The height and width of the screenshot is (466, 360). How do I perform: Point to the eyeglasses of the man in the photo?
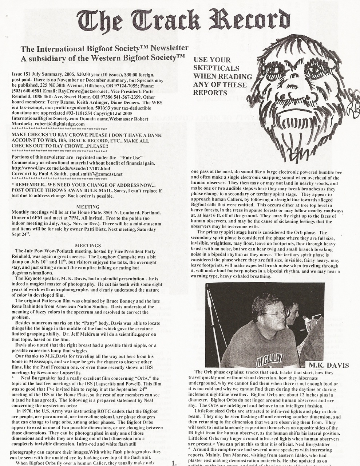tap(276, 313)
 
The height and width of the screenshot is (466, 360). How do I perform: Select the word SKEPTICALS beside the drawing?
tap(211, 68)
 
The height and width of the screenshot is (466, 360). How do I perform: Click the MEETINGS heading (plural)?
tap(88, 246)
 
